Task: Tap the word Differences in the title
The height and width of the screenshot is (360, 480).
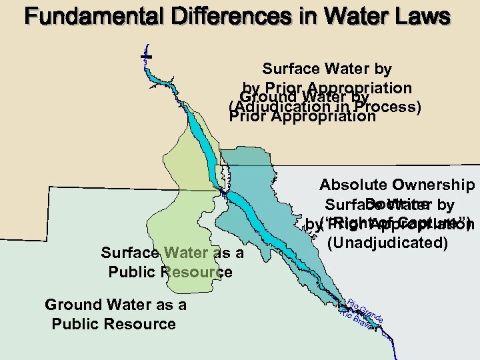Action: (217, 17)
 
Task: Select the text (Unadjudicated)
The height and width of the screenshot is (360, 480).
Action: (387, 242)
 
